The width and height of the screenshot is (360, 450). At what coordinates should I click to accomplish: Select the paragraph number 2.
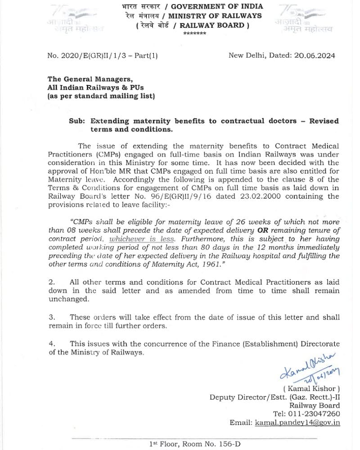51,282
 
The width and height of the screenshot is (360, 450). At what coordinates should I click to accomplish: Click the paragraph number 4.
51,344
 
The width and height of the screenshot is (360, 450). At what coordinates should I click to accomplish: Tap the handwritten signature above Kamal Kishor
310,368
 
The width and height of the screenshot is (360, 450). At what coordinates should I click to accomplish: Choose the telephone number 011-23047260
314,414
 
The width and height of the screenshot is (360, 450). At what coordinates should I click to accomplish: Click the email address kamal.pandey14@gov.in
297,423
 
